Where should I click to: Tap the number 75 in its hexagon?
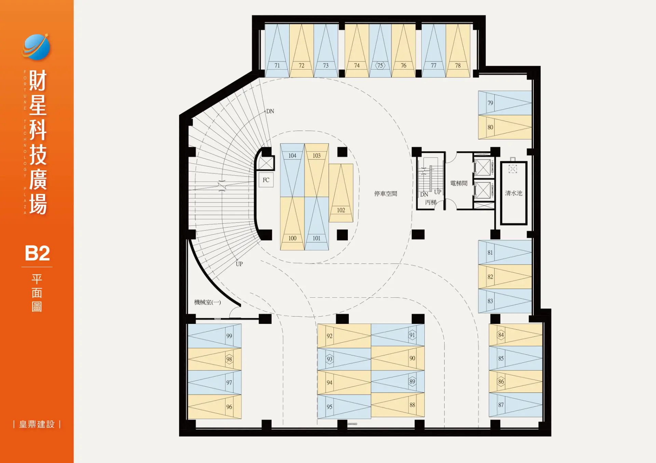pyautogui.click(x=380, y=66)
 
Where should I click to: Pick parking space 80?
pyautogui.click(x=505, y=127)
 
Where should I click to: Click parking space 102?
pyautogui.click(x=341, y=193)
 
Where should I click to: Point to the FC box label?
pyautogui.click(x=266, y=180)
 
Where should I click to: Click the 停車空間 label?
pyautogui.click(x=386, y=194)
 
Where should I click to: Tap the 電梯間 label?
pyautogui.click(x=459, y=183)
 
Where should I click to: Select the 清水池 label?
pyautogui.click(x=514, y=193)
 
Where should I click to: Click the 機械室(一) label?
pyautogui.click(x=207, y=302)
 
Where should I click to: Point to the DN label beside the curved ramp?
pyautogui.click(x=270, y=111)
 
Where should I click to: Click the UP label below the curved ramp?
pyautogui.click(x=239, y=264)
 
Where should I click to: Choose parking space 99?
pyautogui.click(x=215, y=336)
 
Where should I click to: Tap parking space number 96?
pyautogui.click(x=229, y=407)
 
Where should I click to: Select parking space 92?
pyautogui.click(x=344, y=336)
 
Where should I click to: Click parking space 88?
pyautogui.click(x=398, y=405)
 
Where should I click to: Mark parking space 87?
pyautogui.click(x=516, y=405)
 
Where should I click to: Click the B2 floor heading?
pyautogui.click(x=37, y=253)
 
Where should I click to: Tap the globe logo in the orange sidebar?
pyautogui.click(x=36, y=47)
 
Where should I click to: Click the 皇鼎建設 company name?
pyautogui.click(x=37, y=424)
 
